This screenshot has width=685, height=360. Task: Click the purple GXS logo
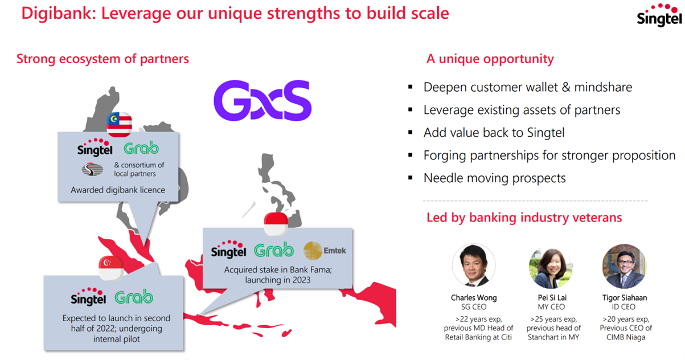(x=262, y=100)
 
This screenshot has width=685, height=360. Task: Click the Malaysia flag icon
(x=119, y=125)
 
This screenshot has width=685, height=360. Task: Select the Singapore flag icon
(x=111, y=268)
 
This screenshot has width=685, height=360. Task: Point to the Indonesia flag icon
(x=276, y=224)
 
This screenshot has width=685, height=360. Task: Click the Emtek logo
(x=325, y=251)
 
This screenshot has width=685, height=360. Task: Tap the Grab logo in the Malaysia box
(x=141, y=148)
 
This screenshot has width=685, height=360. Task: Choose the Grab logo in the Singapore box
(x=134, y=297)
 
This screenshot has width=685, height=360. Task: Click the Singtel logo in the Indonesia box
(x=228, y=249)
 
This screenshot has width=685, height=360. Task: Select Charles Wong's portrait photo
(x=474, y=265)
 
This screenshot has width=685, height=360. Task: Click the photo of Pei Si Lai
(x=551, y=267)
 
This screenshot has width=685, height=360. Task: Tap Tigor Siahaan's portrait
(x=624, y=266)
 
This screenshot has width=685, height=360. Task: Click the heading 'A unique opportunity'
(x=490, y=59)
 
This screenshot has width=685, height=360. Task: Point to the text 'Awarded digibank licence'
(x=118, y=190)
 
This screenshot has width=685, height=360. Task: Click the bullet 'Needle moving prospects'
(x=494, y=178)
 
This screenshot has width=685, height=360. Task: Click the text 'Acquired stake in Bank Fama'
(x=277, y=269)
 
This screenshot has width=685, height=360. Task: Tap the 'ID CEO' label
(x=624, y=307)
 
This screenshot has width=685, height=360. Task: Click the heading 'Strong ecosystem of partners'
(x=102, y=59)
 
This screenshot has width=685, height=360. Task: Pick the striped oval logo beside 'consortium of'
(x=92, y=169)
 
